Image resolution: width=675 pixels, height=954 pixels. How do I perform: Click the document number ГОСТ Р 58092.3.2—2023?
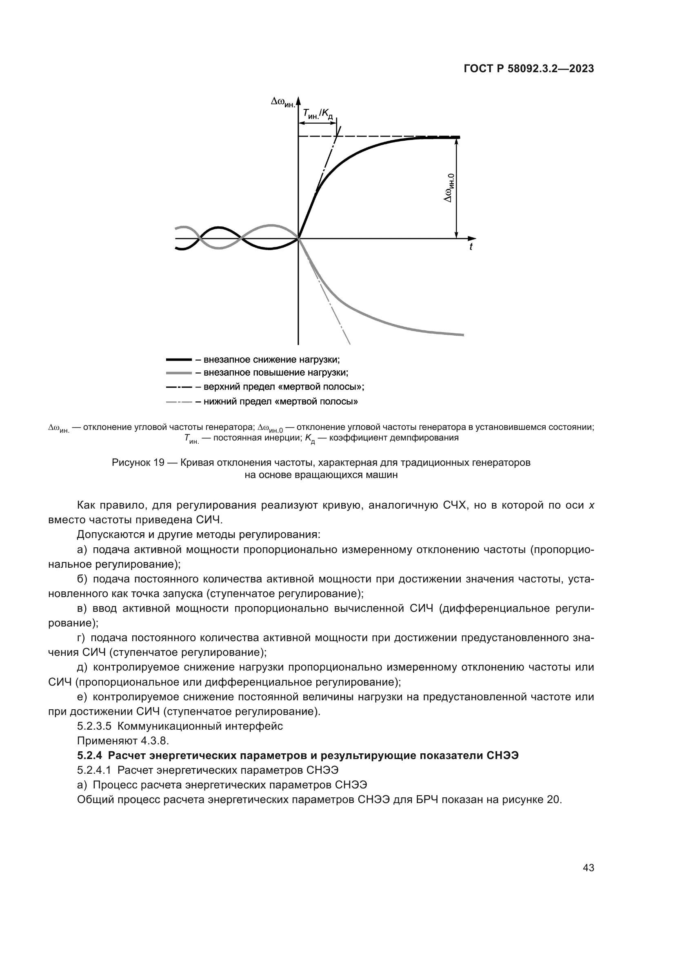(x=528, y=69)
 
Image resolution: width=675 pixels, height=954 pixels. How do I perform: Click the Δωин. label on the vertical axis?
(x=283, y=102)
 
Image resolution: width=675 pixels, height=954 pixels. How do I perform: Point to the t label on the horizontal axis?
(x=471, y=247)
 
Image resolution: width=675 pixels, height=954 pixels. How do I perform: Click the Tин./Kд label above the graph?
(x=318, y=113)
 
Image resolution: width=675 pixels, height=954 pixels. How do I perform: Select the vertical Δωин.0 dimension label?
(x=449, y=188)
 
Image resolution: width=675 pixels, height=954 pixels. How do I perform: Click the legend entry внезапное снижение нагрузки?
(x=271, y=359)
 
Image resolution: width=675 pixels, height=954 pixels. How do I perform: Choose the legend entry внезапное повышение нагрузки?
(x=275, y=373)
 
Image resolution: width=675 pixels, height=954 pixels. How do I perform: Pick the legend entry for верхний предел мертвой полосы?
(x=284, y=387)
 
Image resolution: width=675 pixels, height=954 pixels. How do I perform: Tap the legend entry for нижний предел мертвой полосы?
(x=280, y=401)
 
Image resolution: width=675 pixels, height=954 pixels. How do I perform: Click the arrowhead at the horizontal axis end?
(x=473, y=239)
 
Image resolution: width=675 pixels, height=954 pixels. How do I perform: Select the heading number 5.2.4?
(x=90, y=755)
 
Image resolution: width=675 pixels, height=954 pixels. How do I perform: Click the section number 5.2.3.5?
(x=94, y=726)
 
